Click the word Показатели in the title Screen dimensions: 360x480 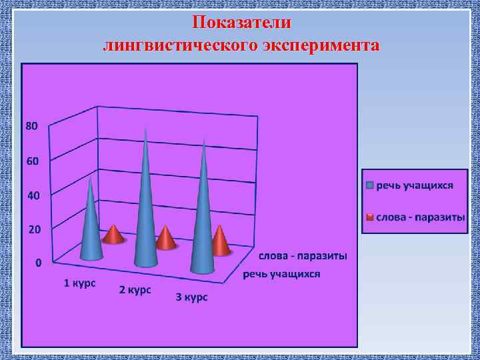[x=241, y=22]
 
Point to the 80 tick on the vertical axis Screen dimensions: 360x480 [x=32, y=125]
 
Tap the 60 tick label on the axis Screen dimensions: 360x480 [x=32, y=161]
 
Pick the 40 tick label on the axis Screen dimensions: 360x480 [x=32, y=196]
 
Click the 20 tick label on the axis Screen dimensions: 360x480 [x=32, y=229]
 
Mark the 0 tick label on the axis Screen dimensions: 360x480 [x=38, y=263]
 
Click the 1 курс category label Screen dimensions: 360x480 [x=79, y=283]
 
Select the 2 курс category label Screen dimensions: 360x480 [x=135, y=290]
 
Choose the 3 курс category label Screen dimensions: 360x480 [x=191, y=297]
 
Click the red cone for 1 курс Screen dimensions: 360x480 [x=114, y=235]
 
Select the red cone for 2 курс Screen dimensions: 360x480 [x=165, y=238]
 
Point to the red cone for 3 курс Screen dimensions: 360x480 [x=220, y=241]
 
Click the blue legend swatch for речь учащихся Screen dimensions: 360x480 [x=369, y=185]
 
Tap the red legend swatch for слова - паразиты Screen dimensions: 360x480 [x=369, y=217]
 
